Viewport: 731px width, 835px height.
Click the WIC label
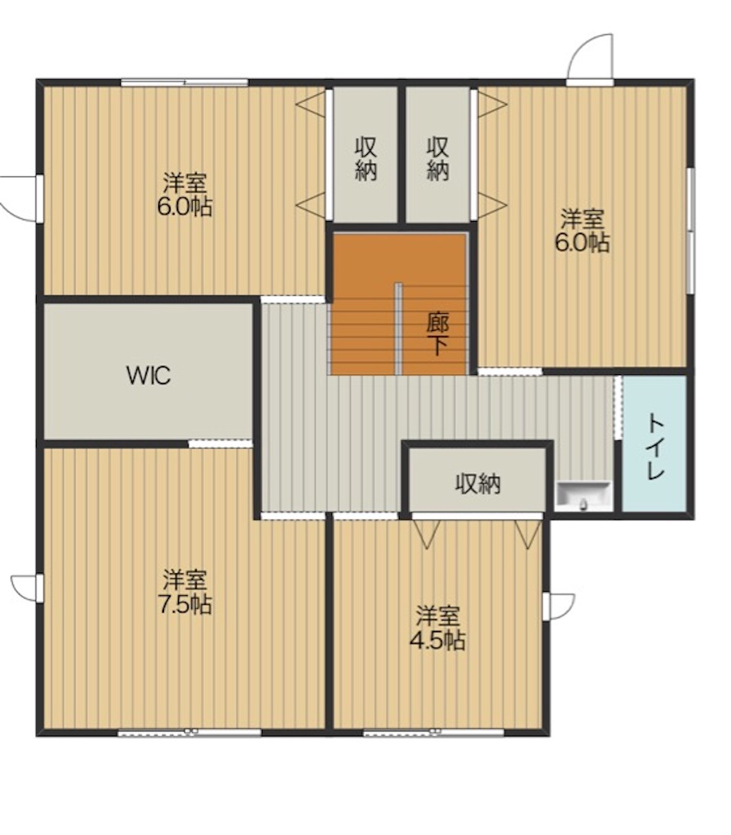click(x=148, y=375)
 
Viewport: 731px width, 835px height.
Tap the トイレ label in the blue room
click(x=655, y=448)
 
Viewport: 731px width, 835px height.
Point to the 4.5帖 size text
click(x=437, y=641)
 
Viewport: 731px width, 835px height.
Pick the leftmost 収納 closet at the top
click(x=365, y=154)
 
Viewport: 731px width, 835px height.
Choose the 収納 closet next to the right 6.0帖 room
click(x=438, y=154)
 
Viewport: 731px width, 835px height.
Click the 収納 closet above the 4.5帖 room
click(x=478, y=480)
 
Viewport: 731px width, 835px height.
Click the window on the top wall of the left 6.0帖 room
click(x=185, y=82)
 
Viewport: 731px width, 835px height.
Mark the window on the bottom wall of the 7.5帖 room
click(x=189, y=732)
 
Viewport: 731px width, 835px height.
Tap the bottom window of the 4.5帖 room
click(x=434, y=732)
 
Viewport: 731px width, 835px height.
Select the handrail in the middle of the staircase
click(x=398, y=329)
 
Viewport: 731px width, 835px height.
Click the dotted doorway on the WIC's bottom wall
click(x=220, y=443)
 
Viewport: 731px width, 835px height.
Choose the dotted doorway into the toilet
click(x=618, y=408)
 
